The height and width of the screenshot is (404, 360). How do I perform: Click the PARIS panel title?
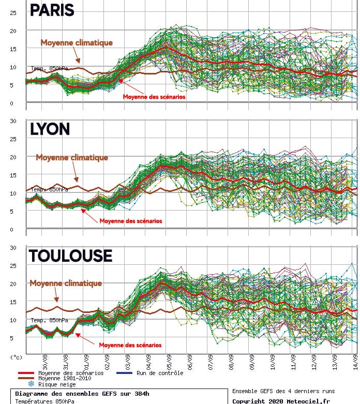click(52, 10)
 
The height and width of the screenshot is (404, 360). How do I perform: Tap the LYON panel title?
click(50, 129)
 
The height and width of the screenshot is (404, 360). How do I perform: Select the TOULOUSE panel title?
click(70, 256)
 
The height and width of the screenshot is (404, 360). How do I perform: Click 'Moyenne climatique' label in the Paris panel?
click(77, 42)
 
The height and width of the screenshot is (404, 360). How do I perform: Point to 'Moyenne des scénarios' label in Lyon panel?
click(130, 221)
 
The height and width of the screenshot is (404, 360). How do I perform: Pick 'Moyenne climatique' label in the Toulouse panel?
click(66, 283)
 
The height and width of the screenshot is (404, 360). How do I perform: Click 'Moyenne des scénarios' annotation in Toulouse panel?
click(130, 345)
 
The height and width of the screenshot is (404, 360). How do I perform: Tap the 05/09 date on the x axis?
click(169, 361)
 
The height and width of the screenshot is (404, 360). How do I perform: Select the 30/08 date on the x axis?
click(46, 361)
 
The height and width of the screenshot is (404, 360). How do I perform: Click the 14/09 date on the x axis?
click(355, 361)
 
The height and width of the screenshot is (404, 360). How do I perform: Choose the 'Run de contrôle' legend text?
click(160, 373)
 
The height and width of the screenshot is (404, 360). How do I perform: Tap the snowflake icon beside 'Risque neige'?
click(31, 384)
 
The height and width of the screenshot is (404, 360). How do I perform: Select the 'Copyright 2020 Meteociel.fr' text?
click(280, 400)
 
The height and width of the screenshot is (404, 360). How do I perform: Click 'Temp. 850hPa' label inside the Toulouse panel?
click(48, 320)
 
